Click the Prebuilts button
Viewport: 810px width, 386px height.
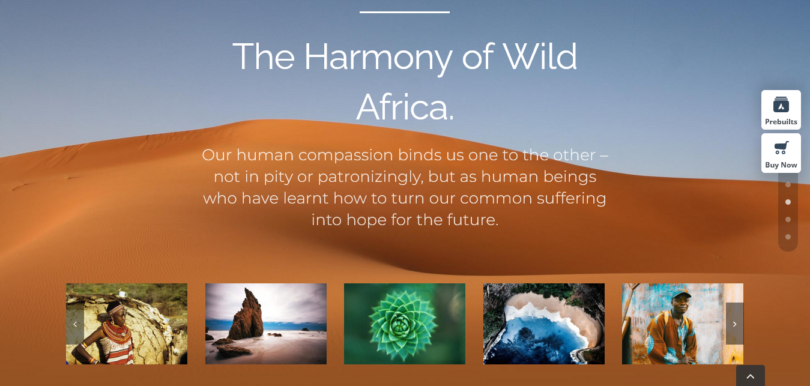781,109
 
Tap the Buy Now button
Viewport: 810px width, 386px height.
781,153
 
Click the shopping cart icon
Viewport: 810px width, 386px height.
781,148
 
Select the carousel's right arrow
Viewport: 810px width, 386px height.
734,324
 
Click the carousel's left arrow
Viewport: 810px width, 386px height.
75,324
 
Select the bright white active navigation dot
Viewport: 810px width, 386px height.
788,202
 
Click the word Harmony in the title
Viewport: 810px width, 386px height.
378,58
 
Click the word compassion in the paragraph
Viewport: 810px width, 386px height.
345,155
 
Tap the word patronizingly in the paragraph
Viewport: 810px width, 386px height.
370,177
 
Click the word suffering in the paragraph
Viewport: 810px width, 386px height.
571,199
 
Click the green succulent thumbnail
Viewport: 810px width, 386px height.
405,324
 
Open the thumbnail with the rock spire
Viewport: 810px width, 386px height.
266,324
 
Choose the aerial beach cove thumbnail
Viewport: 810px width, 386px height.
544,324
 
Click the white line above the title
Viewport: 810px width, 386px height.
405,12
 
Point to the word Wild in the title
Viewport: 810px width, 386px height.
540,56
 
